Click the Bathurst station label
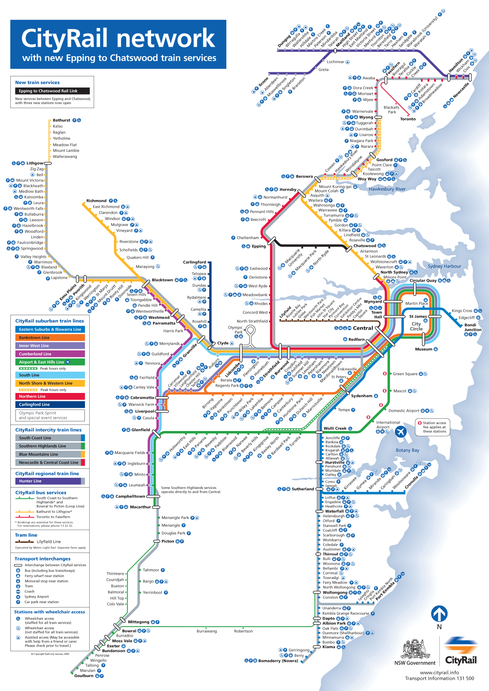click(61, 120)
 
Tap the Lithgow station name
click(35, 163)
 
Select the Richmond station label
click(96, 201)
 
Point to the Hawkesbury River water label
click(387, 189)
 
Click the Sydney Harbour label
click(444, 266)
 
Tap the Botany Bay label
click(407, 451)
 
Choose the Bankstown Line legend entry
click(50, 338)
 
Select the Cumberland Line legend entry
click(50, 354)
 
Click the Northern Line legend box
click(50, 396)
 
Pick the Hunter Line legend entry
click(50, 481)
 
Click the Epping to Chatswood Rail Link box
click(52, 91)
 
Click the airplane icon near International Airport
click(401, 432)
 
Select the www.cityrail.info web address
click(439, 673)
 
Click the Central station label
click(363, 328)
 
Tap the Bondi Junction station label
click(473, 327)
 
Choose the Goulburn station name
click(84, 676)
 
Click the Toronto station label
click(408, 119)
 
